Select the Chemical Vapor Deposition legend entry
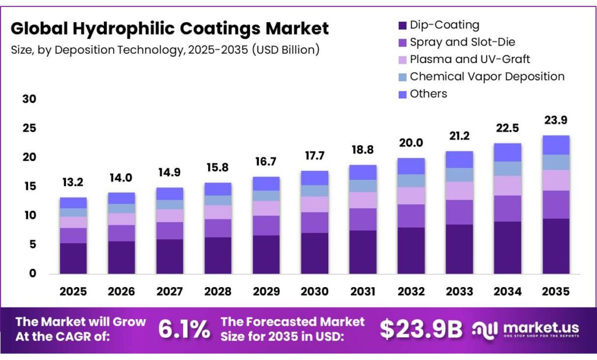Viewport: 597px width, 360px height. pos(487,76)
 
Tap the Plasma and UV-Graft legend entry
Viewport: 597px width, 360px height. pos(470,59)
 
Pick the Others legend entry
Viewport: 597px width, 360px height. pos(428,94)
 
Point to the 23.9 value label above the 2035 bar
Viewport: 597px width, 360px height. pos(554,121)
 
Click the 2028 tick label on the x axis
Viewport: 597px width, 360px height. pos(217,291)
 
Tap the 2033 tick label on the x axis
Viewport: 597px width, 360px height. pos(458,291)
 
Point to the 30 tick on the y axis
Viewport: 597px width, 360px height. pos(29,99)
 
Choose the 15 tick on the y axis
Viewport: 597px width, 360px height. pos(29,186)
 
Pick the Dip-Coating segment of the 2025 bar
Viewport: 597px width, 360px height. pos(73,258)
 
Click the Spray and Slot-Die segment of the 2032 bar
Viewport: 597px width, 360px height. pos(410,216)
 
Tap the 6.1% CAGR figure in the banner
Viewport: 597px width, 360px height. pos(184,330)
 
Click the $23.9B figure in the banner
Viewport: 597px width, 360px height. pos(421,330)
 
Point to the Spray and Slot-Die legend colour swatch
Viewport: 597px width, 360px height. pos(402,42)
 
